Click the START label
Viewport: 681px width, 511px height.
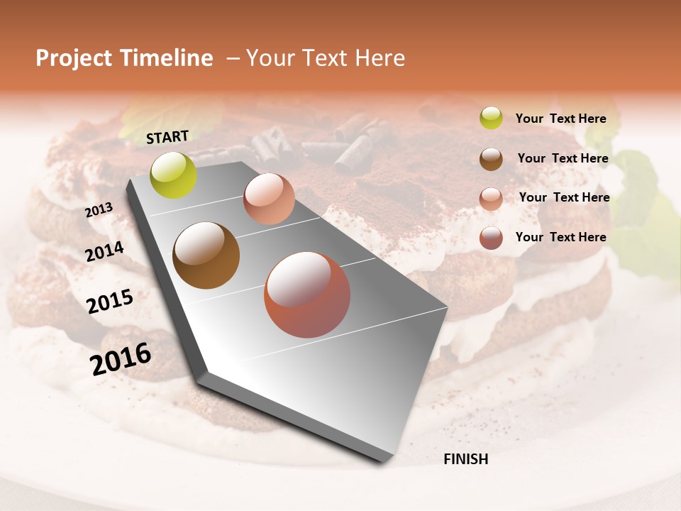click(x=167, y=137)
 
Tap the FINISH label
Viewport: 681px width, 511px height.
click(x=465, y=459)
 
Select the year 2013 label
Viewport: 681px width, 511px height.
click(x=99, y=210)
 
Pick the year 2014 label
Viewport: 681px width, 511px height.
click(x=104, y=251)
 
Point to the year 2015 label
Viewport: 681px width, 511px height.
click(x=110, y=302)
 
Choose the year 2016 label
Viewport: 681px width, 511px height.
click(x=121, y=359)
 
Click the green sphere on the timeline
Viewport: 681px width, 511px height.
click(x=174, y=175)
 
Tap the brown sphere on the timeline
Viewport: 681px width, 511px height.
click(x=206, y=255)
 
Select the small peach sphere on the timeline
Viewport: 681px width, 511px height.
click(x=269, y=199)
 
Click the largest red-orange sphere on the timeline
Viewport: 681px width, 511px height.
click(x=307, y=295)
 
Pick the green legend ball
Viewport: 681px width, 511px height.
click(x=491, y=118)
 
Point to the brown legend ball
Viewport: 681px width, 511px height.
click(x=491, y=159)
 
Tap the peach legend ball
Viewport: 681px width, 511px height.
click(x=491, y=199)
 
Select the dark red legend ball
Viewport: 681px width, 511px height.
click(x=491, y=238)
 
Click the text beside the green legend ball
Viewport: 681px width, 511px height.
click(x=560, y=119)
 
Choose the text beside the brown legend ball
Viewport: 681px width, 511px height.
click(x=563, y=158)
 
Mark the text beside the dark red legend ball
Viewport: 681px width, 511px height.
click(x=560, y=237)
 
